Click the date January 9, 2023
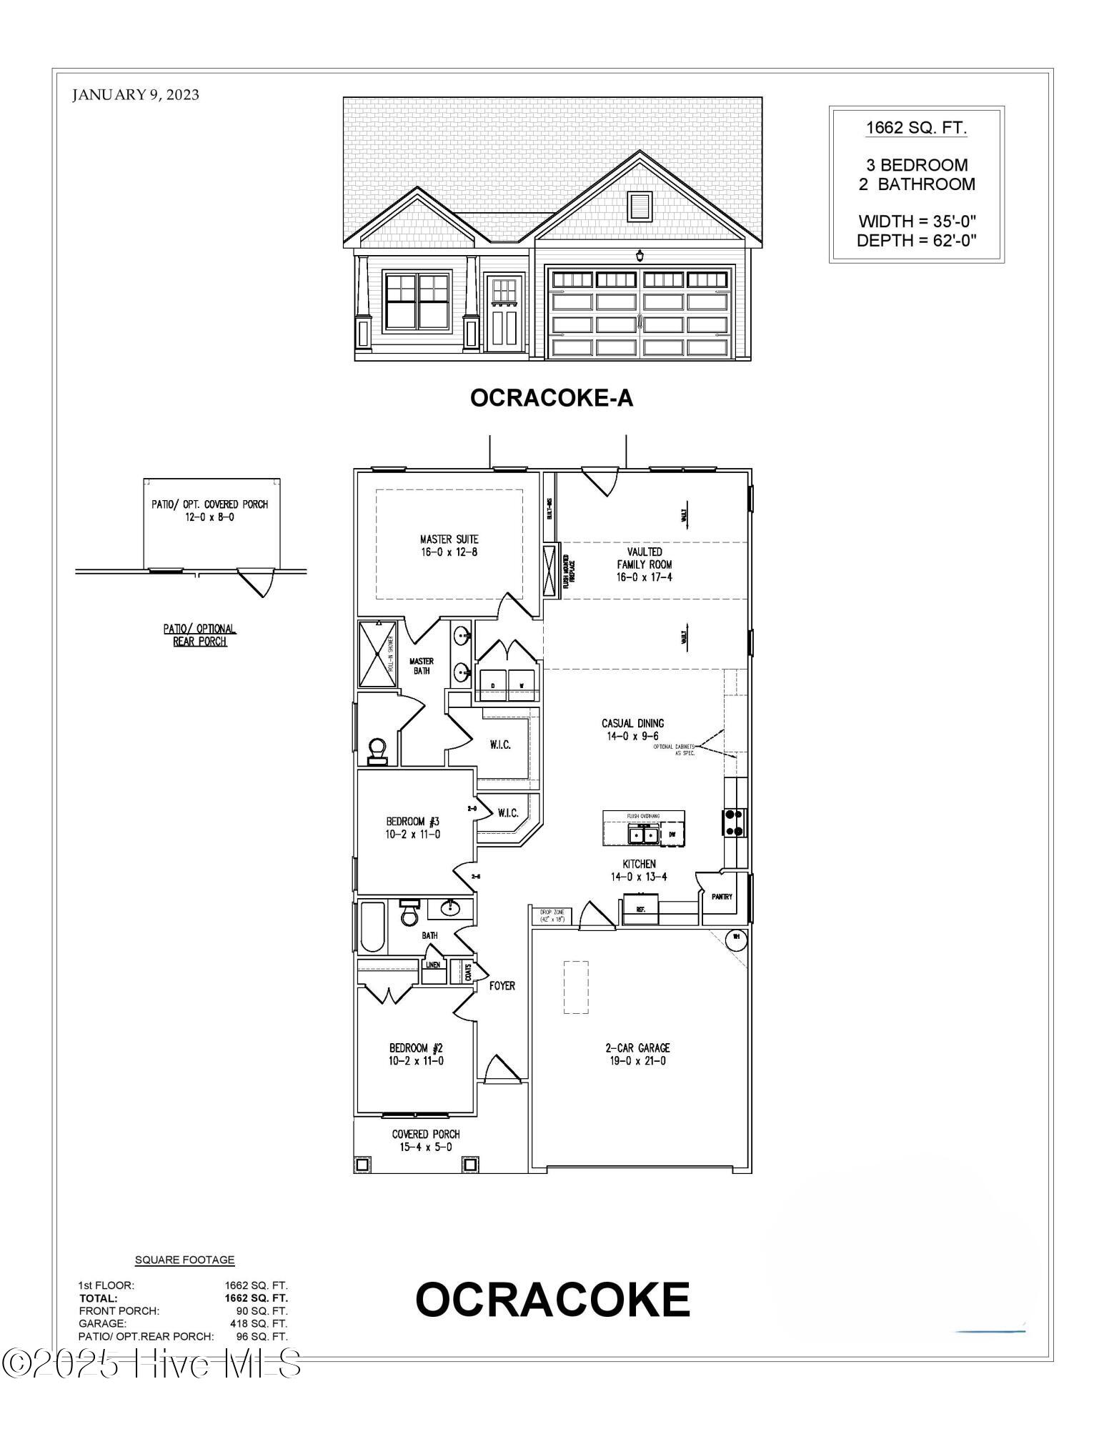tap(136, 94)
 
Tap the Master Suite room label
tap(449, 545)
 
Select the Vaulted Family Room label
tap(645, 564)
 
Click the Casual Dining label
tap(632, 730)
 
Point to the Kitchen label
tap(638, 870)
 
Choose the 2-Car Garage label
tap(637, 1054)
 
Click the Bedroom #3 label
tap(413, 827)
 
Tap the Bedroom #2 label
tap(416, 1054)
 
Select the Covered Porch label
tap(426, 1140)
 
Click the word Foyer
tap(502, 985)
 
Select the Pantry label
tap(722, 897)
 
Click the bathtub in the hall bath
tap(372, 926)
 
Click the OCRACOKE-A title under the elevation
tap(552, 398)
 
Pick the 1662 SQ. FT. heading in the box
tap(916, 129)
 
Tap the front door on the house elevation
tap(505, 314)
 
